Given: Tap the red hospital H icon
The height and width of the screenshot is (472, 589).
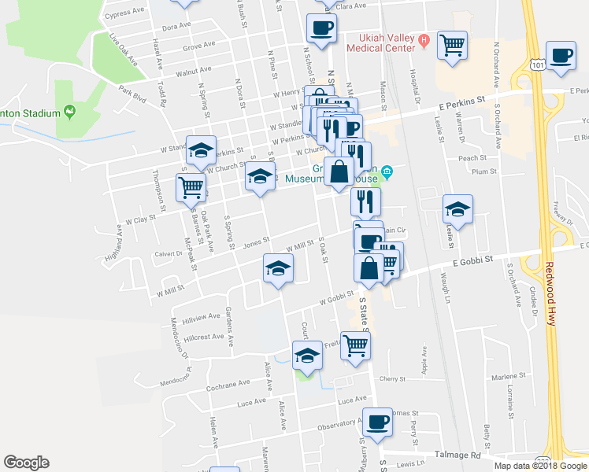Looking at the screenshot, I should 423,39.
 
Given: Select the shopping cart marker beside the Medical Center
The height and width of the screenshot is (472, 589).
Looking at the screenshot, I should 453,45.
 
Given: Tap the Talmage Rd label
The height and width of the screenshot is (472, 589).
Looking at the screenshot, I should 458,455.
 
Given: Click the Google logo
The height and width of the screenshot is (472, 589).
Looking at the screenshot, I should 27,463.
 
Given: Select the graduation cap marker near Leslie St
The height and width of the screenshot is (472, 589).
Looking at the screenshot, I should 457,209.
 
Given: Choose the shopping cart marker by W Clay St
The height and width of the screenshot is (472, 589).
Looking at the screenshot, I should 191,189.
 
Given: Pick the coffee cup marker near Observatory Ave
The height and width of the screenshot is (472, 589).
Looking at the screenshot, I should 377,422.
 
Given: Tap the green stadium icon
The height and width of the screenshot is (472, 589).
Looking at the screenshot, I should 70,112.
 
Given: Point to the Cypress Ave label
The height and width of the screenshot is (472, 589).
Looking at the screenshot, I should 124,13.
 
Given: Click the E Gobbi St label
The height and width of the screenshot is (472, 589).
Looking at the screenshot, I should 472,259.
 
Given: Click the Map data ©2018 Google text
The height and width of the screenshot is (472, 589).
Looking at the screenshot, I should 540,465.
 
